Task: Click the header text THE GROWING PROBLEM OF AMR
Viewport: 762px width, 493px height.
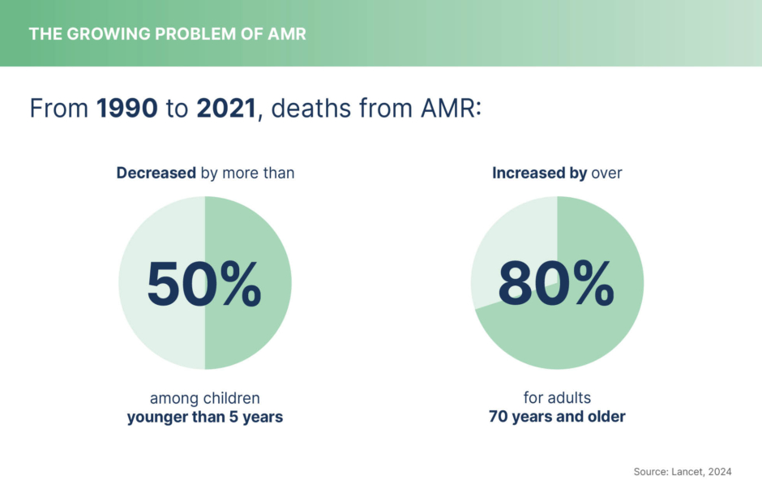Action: [x=167, y=34]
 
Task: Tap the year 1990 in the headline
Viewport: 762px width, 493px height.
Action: [x=127, y=109]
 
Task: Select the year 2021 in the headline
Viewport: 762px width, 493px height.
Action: [x=227, y=109]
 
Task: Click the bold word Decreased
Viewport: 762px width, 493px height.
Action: [x=156, y=173]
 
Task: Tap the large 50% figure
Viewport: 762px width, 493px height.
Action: [x=204, y=285]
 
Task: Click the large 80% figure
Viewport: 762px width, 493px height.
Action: [x=556, y=285]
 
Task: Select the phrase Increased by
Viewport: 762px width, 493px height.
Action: [x=539, y=173]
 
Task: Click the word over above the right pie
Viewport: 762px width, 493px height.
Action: [x=606, y=173]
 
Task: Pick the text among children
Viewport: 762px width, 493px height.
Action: [x=204, y=398]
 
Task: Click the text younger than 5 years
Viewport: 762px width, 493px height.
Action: [x=204, y=418]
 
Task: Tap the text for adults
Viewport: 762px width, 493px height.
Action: [x=557, y=398]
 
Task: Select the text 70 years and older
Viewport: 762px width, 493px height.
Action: [x=557, y=418]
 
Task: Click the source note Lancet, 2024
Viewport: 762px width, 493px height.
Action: [x=702, y=471]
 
